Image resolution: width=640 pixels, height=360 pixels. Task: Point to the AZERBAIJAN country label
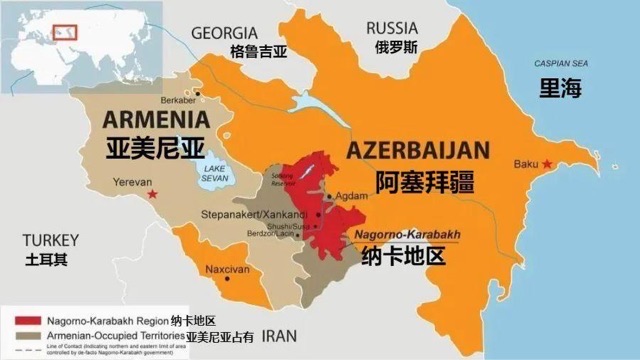coord(418,151)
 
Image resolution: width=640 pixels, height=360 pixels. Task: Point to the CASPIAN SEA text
coord(560,63)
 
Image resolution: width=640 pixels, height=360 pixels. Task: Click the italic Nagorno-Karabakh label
coord(408,234)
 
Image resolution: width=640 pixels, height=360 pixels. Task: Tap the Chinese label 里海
coord(560,88)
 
